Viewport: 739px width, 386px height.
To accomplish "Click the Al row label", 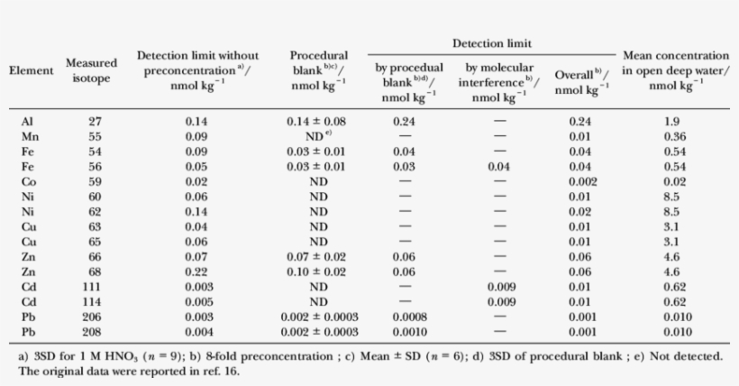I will click(28, 121).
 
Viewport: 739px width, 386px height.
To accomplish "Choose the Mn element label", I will click(30, 136).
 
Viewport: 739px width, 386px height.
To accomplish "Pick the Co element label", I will click(29, 181).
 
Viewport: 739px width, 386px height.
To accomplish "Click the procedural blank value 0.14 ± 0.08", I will click(318, 121).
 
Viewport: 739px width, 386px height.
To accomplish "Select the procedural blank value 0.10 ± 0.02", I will click(318, 271).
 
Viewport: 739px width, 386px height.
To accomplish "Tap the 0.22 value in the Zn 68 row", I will click(196, 271).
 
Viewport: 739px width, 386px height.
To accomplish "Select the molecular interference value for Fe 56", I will click(498, 166).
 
